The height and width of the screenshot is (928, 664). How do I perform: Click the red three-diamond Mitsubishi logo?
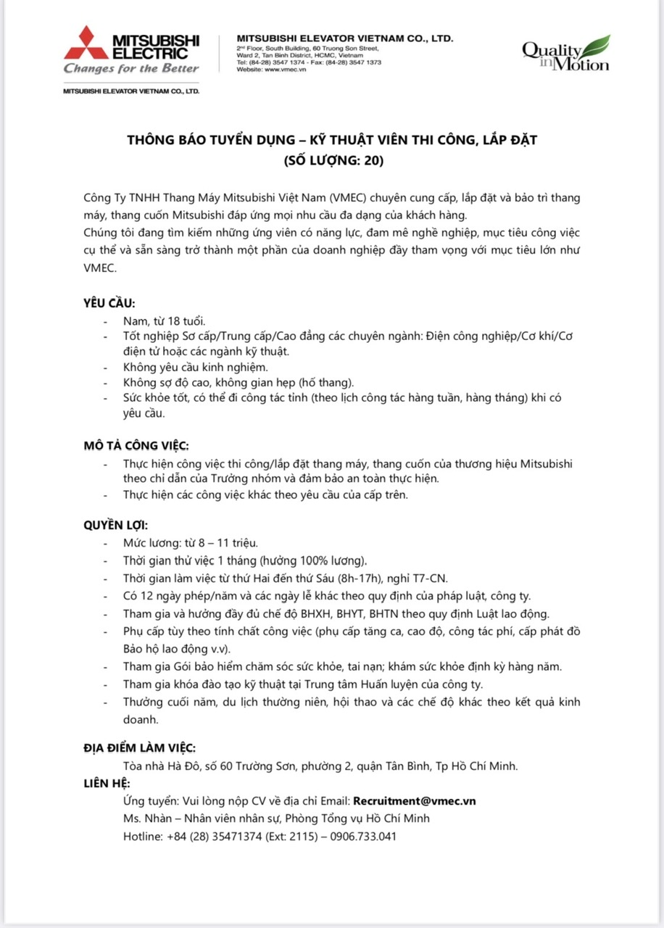point(86,43)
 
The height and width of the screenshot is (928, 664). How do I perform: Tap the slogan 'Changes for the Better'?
point(131,69)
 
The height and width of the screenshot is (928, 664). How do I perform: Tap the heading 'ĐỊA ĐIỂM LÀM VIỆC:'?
point(139,748)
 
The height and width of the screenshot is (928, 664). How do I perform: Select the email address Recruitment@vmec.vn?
point(414,801)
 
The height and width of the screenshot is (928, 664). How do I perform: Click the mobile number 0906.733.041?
point(363,836)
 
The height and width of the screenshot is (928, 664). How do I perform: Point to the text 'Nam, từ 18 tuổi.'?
point(165,320)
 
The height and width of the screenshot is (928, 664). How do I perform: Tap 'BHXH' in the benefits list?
point(313,613)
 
